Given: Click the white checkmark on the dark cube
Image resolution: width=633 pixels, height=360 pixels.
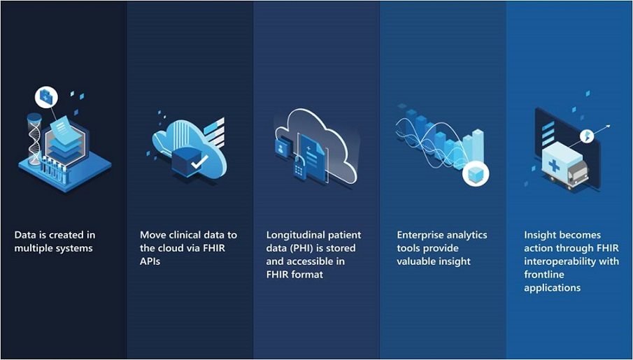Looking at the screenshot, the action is (199, 161).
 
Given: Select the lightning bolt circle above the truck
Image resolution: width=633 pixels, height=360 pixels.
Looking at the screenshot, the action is (587, 136).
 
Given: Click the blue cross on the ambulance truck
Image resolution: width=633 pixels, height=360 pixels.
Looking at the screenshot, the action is (553, 165).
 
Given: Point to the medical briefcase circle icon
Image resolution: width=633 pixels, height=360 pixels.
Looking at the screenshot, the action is (46, 98).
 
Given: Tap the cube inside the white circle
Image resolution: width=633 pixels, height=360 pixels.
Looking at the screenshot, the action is (475, 174).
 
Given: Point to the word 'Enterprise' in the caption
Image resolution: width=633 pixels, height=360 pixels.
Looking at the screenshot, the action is (419, 236).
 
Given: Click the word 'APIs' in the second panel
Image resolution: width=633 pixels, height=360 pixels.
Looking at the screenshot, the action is (150, 261).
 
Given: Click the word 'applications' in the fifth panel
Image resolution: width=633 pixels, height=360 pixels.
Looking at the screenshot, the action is (553, 288).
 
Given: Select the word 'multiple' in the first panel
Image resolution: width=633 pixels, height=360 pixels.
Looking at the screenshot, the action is (33, 248).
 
